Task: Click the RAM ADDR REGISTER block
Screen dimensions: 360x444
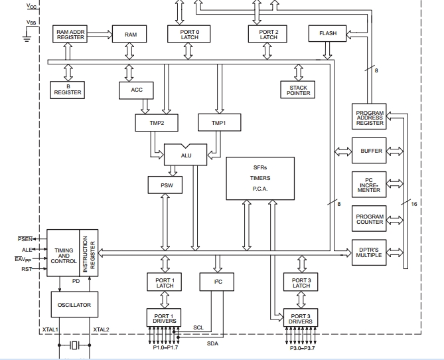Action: (71, 34)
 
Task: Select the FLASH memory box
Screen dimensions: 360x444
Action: (327, 33)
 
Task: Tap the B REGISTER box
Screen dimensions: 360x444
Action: (67, 90)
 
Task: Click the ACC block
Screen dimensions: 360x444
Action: (137, 90)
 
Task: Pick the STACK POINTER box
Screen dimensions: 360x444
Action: (299, 90)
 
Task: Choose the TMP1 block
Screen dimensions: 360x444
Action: (218, 123)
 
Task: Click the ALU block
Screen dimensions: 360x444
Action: (186, 154)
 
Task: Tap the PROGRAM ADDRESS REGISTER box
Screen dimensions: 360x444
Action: (370, 118)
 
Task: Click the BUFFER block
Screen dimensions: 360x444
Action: (371, 151)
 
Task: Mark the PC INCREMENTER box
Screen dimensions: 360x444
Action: (370, 185)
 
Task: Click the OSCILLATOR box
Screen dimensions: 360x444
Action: (74, 304)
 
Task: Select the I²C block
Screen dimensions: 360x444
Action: (217, 282)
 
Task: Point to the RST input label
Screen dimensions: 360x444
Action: (27, 269)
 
